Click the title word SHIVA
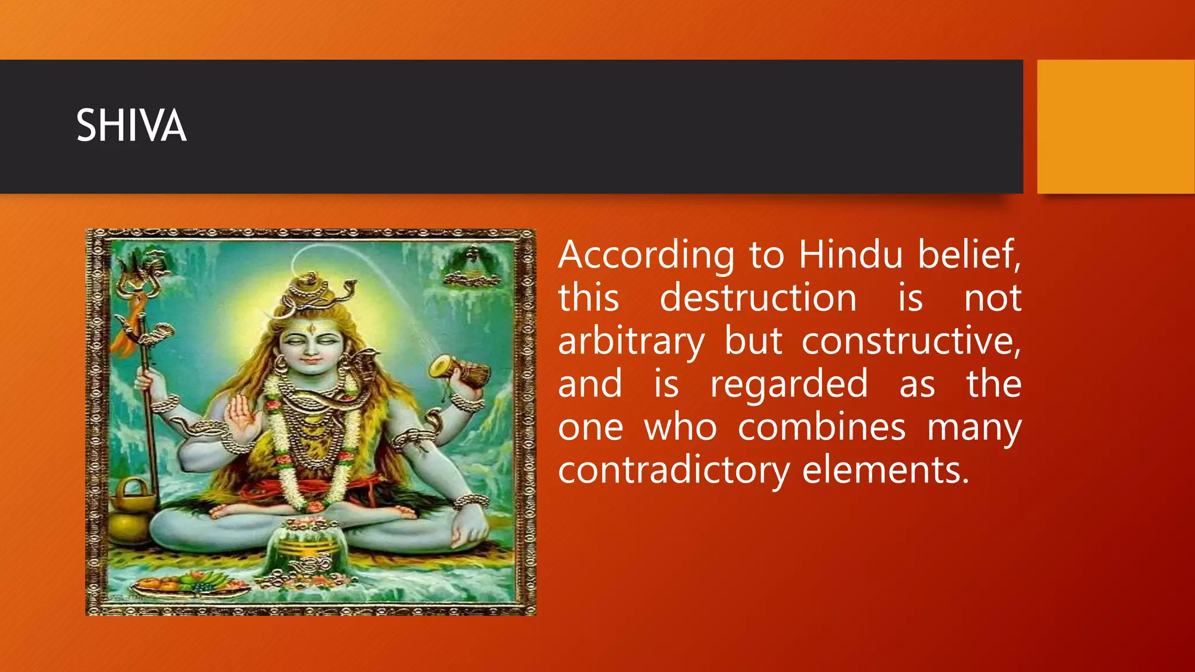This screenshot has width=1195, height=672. (x=131, y=125)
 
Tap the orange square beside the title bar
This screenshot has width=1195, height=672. (x=1116, y=127)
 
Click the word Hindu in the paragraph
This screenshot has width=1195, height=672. (x=850, y=255)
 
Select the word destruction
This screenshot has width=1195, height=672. (x=758, y=298)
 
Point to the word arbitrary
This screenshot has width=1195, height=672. (x=631, y=342)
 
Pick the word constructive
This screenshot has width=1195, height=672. (x=911, y=341)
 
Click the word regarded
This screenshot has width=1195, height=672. (x=789, y=385)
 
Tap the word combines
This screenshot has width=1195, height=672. (x=822, y=428)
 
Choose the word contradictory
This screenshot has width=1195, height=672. (x=673, y=470)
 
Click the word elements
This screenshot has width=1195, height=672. (x=885, y=470)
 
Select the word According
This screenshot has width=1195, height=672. (x=646, y=256)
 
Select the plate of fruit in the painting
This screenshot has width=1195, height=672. (x=188, y=584)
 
